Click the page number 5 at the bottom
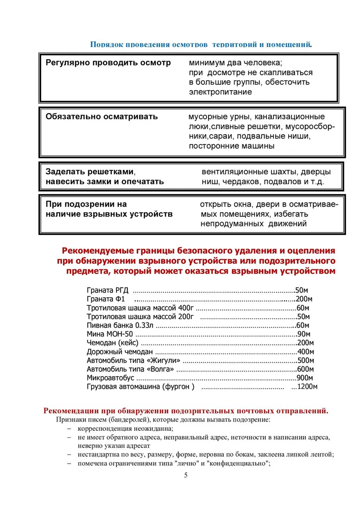click(186, 476)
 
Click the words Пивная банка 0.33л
click(121, 325)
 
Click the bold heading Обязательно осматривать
click(101, 117)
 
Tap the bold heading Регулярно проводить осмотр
click(108, 63)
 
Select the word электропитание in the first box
click(220, 92)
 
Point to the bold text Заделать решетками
click(90, 172)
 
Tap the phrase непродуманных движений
click(253, 224)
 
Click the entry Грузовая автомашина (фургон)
click(140, 387)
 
